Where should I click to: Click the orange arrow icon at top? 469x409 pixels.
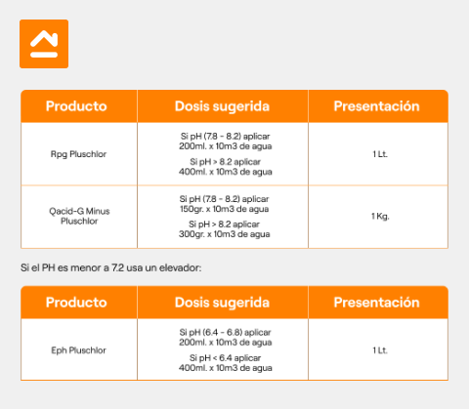click(x=44, y=44)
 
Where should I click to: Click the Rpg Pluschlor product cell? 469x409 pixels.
click(x=78, y=154)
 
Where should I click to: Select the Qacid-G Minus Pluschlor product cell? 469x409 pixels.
click(x=79, y=216)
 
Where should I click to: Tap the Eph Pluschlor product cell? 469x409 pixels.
click(x=78, y=350)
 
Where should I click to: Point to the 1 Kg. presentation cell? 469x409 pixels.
click(x=380, y=217)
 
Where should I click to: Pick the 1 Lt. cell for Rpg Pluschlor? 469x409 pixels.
click(x=380, y=154)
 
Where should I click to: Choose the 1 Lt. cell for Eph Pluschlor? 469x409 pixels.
click(x=380, y=350)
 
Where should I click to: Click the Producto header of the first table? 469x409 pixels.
click(x=76, y=106)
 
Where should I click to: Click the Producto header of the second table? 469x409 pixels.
click(x=76, y=303)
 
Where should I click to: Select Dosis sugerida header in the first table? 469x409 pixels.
click(x=222, y=106)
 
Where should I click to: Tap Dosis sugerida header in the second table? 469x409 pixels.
click(x=222, y=303)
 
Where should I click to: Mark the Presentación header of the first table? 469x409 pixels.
click(x=376, y=106)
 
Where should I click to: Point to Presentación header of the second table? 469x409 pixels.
click(x=376, y=303)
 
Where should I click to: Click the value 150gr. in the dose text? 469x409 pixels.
click(x=192, y=209)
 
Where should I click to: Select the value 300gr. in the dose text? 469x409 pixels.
click(x=192, y=234)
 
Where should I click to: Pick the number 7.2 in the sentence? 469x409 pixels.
click(x=117, y=267)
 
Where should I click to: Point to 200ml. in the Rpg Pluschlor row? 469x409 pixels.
click(x=192, y=146)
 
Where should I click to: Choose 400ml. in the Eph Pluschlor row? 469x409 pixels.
click(x=192, y=368)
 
